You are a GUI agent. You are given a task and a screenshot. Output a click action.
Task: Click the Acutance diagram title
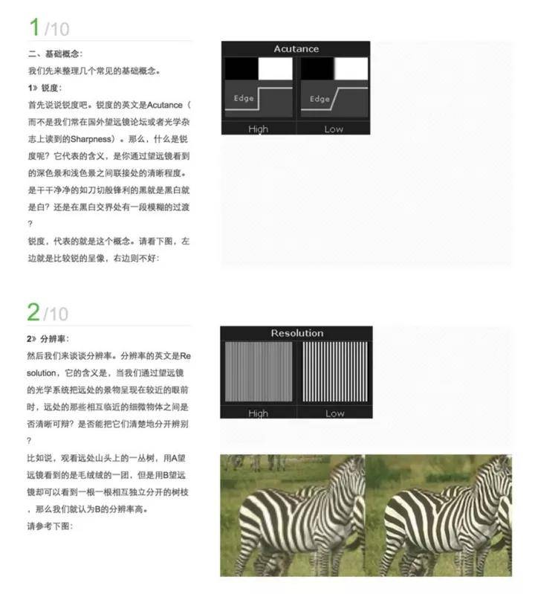(x=296, y=49)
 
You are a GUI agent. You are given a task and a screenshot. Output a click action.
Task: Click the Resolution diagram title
(x=297, y=333)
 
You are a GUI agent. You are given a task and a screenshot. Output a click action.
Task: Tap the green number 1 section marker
(x=34, y=28)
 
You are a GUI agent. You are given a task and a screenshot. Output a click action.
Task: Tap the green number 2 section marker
(x=33, y=312)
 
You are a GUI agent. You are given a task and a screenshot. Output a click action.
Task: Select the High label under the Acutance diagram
(x=259, y=129)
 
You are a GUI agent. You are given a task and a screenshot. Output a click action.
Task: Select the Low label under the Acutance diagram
(x=334, y=129)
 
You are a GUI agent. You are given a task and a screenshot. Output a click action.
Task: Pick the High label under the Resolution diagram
(x=259, y=413)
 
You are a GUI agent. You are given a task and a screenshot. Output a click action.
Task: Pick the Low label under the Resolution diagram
(x=335, y=413)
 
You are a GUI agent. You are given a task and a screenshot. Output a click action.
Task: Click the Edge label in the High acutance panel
(x=244, y=98)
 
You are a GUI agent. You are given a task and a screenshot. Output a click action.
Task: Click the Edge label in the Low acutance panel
(x=320, y=99)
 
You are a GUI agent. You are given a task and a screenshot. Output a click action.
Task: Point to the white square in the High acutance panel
(x=275, y=68)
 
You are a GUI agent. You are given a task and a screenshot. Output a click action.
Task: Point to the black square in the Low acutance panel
(x=317, y=68)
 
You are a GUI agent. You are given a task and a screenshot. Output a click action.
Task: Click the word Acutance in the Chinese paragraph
(x=164, y=105)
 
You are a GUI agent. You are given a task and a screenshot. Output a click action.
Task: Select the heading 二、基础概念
(x=54, y=54)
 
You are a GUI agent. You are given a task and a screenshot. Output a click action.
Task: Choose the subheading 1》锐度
(x=45, y=88)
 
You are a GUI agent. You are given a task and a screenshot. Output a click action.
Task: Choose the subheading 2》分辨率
(x=48, y=339)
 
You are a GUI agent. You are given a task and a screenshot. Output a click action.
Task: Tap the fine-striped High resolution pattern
(x=259, y=372)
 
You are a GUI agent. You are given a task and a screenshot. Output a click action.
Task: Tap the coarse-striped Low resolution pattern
(x=334, y=372)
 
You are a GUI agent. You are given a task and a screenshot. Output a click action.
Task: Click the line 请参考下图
(x=50, y=526)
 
